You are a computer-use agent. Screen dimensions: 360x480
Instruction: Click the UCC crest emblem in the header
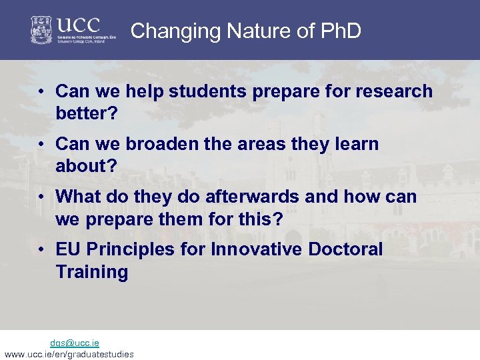[x=42, y=30]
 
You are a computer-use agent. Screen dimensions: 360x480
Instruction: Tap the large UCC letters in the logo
[x=78, y=25]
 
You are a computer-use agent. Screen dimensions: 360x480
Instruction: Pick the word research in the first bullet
[x=393, y=91]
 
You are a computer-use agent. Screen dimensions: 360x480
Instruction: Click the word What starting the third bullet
[x=79, y=197]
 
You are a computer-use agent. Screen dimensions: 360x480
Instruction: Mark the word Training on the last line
[x=92, y=272]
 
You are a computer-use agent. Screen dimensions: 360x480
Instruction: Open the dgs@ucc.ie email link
[x=75, y=343]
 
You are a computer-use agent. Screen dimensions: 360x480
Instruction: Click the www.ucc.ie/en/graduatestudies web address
[x=69, y=354]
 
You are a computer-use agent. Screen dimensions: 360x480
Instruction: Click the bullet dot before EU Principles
[x=41, y=250]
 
